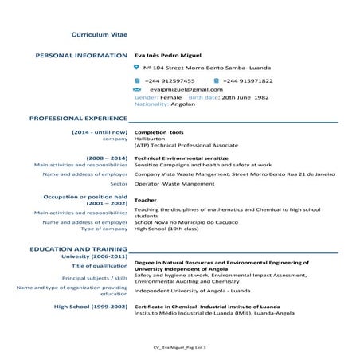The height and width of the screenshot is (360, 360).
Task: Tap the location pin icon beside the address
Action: click(137, 68)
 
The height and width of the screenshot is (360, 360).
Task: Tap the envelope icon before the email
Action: click(138, 91)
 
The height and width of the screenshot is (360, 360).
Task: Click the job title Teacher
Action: click(146, 200)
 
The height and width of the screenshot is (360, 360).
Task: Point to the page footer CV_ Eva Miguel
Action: click(179, 348)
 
